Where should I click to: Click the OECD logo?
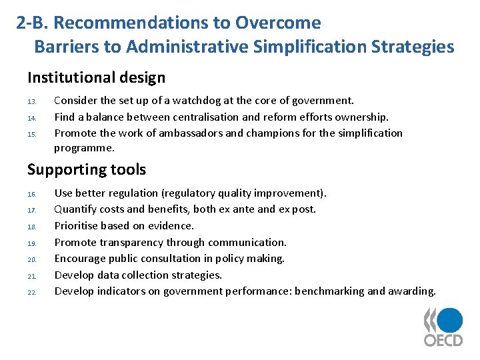444,327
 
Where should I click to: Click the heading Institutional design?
96,77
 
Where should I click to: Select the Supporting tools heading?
86,169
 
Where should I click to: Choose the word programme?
85,148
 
